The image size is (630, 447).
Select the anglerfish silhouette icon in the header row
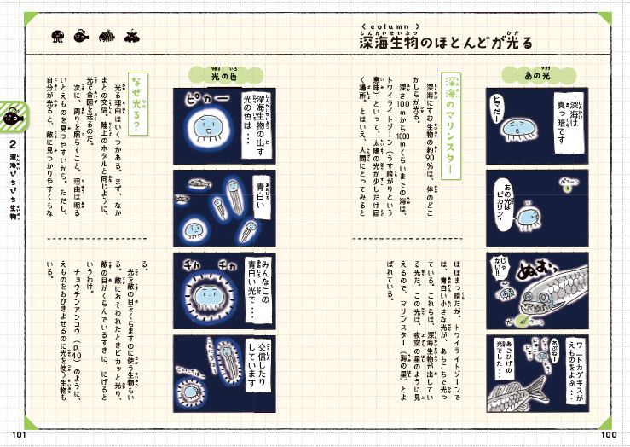click(x=83, y=36)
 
